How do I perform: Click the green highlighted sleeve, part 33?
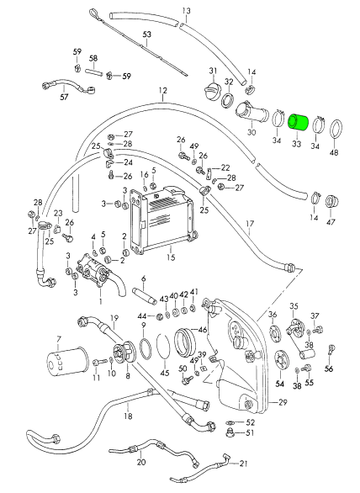299,123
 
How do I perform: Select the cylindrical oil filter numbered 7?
66,361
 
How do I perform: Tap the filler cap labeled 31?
211,90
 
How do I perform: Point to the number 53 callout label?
147,34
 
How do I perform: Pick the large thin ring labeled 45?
162,346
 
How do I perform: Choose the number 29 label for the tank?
283,402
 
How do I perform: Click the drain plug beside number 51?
230,433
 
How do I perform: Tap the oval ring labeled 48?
336,130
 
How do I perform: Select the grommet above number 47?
331,201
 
